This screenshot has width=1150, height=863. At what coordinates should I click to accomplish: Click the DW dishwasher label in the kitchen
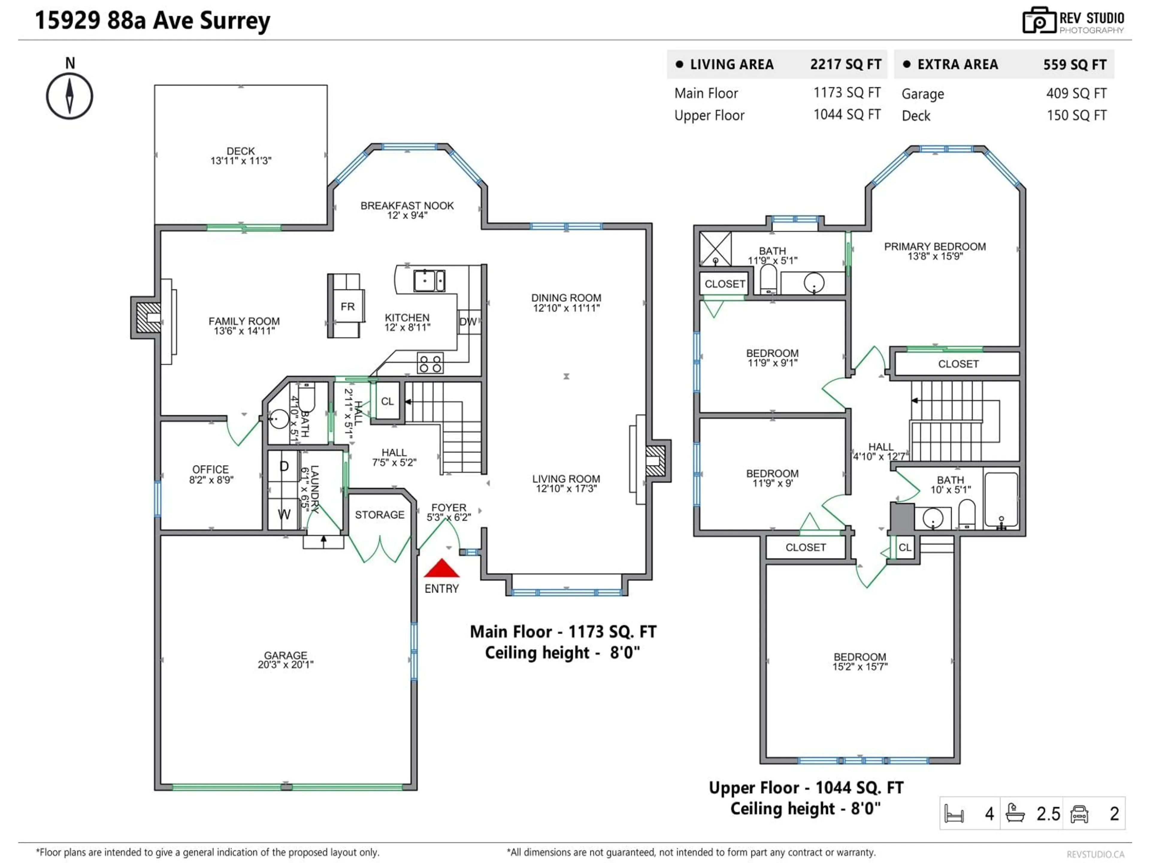(x=468, y=322)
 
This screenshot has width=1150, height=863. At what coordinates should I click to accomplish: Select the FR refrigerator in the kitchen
(x=347, y=306)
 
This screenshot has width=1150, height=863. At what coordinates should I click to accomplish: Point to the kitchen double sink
(x=429, y=281)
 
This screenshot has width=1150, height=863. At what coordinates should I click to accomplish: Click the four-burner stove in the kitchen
(x=430, y=363)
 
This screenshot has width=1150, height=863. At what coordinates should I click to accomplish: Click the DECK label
(x=241, y=151)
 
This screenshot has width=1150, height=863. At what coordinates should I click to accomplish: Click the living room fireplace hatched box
(x=655, y=460)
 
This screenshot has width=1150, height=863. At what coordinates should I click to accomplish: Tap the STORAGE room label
(x=379, y=515)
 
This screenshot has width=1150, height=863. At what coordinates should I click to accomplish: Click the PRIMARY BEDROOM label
(x=935, y=247)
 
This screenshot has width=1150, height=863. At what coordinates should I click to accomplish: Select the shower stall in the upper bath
(x=715, y=249)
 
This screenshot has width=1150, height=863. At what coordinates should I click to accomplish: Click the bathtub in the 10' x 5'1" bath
(x=1001, y=500)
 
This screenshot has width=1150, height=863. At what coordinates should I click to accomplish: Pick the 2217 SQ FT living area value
(x=845, y=64)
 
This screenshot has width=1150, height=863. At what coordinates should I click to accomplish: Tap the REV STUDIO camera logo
(x=1039, y=21)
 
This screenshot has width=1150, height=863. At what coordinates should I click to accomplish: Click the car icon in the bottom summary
(x=1079, y=814)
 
